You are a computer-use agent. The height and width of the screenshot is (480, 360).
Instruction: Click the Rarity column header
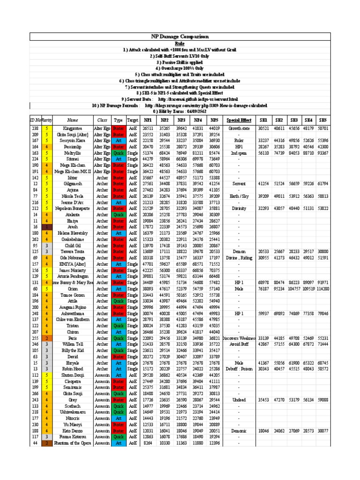47,120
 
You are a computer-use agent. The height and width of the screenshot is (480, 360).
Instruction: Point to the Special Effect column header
240,120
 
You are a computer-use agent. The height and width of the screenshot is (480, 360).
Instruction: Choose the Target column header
133,120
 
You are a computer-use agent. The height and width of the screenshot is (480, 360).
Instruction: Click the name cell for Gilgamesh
72,184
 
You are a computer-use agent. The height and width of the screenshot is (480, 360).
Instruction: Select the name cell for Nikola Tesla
72,196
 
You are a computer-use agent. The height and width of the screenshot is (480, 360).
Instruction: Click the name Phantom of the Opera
72,442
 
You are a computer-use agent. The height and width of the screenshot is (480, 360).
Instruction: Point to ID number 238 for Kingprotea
35,128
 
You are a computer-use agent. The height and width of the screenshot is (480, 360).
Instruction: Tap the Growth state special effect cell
240,128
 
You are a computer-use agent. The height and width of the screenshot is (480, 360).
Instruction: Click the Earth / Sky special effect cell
240,196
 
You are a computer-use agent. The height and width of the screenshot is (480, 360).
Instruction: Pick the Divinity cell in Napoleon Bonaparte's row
240,209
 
